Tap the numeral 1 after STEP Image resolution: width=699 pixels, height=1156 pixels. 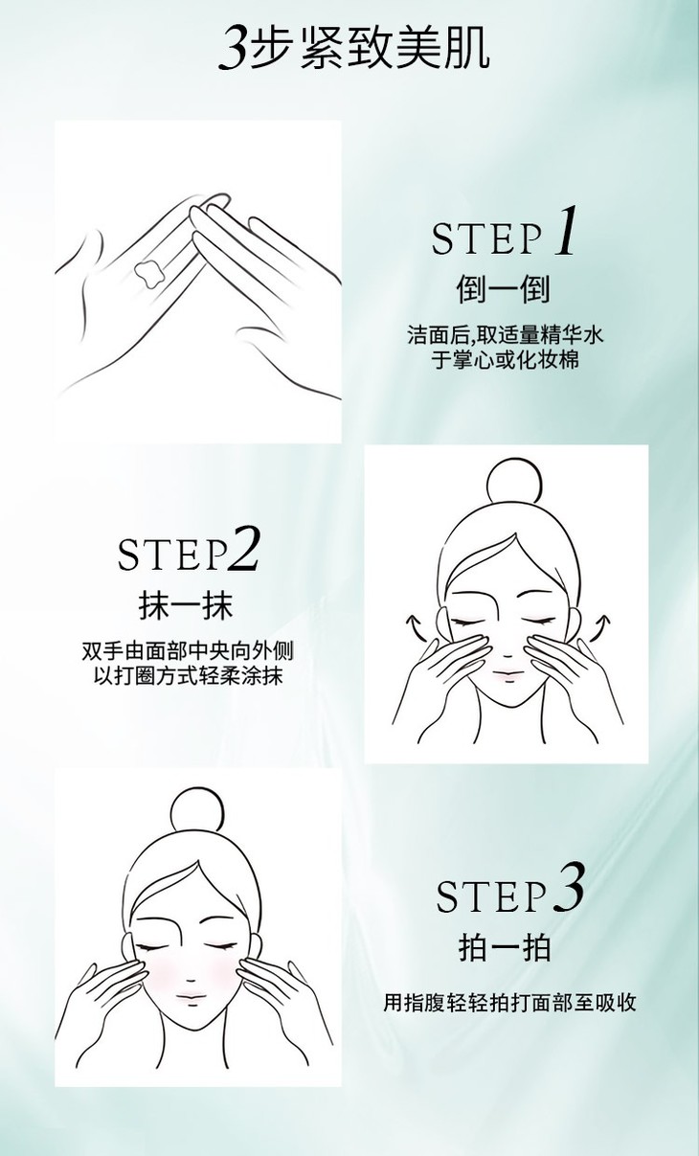(566, 230)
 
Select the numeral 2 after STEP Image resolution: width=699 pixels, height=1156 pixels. (242, 548)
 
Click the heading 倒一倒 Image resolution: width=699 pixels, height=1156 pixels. (504, 289)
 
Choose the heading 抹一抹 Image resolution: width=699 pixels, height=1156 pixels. (186, 606)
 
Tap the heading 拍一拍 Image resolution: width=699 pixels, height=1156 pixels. (505, 947)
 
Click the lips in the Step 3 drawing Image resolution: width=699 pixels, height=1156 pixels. (191, 996)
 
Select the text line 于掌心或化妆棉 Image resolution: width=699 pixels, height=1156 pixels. (505, 360)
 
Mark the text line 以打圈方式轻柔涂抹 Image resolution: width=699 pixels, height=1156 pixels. (189, 675)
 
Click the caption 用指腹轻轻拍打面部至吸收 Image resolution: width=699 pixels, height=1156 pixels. (509, 1003)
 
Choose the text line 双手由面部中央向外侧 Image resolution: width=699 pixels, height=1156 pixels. (188, 650)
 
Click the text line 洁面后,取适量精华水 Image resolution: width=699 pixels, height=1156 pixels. (505, 335)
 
